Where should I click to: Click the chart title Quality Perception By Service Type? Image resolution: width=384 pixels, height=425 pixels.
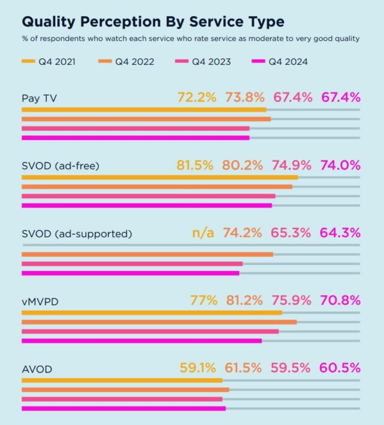pyautogui.click(x=153, y=22)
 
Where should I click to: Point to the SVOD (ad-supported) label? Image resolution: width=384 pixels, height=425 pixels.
pyautogui.click(x=76, y=234)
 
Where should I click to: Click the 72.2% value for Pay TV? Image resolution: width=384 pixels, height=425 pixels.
pyautogui.click(x=197, y=97)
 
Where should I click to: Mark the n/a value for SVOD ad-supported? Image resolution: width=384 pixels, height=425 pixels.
pyautogui.click(x=203, y=233)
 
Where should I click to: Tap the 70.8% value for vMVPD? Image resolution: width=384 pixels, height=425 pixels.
pyautogui.click(x=340, y=301)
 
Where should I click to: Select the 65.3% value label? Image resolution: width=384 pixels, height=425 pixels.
pyautogui.click(x=292, y=233)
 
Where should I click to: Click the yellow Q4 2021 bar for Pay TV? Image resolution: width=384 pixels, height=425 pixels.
pyautogui.click(x=144, y=110)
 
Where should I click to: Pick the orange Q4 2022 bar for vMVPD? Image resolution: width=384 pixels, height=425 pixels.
pyautogui.click(x=159, y=322)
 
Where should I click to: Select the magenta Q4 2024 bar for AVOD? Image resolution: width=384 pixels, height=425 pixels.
pyautogui.click(x=124, y=409)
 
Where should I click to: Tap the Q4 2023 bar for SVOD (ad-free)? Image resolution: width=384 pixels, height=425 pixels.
pyautogui.click(x=148, y=196)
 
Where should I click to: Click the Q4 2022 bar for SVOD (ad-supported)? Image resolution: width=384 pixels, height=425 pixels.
pyautogui.click(x=147, y=254)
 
